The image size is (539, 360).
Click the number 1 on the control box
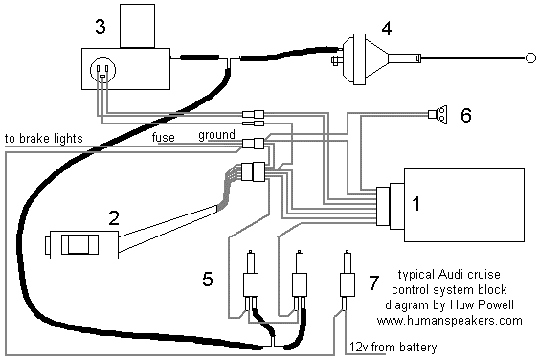(415, 204)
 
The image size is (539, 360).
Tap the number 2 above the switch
(114, 218)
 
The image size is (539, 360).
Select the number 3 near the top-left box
(100, 27)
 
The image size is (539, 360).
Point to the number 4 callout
(387, 29)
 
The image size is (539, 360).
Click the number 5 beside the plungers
(208, 279)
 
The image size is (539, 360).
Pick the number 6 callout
(466, 115)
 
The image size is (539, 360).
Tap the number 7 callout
(373, 282)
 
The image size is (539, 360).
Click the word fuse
(164, 137)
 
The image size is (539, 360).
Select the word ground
(217, 135)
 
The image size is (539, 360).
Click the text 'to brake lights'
(44, 138)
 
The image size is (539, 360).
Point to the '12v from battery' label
(393, 347)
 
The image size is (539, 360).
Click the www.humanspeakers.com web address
(450, 321)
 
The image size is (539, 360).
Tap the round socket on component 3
(102, 70)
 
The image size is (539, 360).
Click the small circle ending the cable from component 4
(530, 58)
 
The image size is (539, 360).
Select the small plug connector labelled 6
(438, 114)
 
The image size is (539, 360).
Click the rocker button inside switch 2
(79, 244)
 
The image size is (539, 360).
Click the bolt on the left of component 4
(337, 60)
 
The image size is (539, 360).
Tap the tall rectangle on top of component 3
(137, 26)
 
